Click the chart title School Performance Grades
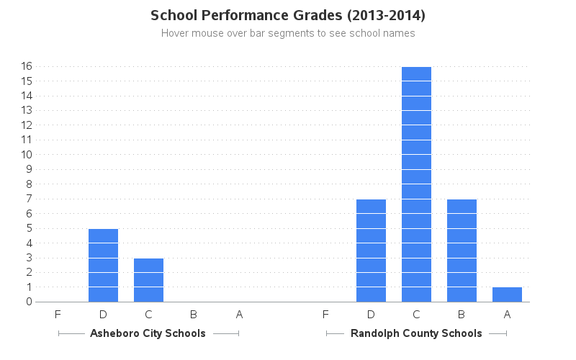click(x=288, y=15)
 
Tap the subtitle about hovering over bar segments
click(x=288, y=33)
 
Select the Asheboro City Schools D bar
click(x=103, y=265)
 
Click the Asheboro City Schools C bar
click(x=148, y=280)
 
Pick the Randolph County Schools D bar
click(x=371, y=251)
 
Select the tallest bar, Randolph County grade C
click(x=416, y=184)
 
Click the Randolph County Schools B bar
click(x=462, y=251)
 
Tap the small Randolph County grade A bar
click(x=507, y=294)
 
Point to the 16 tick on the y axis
click(x=27, y=66)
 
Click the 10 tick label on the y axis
click(x=27, y=155)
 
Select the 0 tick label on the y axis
click(x=30, y=302)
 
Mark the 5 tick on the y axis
click(x=30, y=228)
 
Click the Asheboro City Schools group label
click(x=148, y=333)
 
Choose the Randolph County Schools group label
click(x=416, y=333)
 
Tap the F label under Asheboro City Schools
click(x=58, y=314)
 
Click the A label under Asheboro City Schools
click(x=239, y=314)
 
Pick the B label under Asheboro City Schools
click(x=194, y=314)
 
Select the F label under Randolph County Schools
click(x=325, y=314)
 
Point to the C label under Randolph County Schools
click(x=416, y=314)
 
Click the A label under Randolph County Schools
click(x=507, y=314)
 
